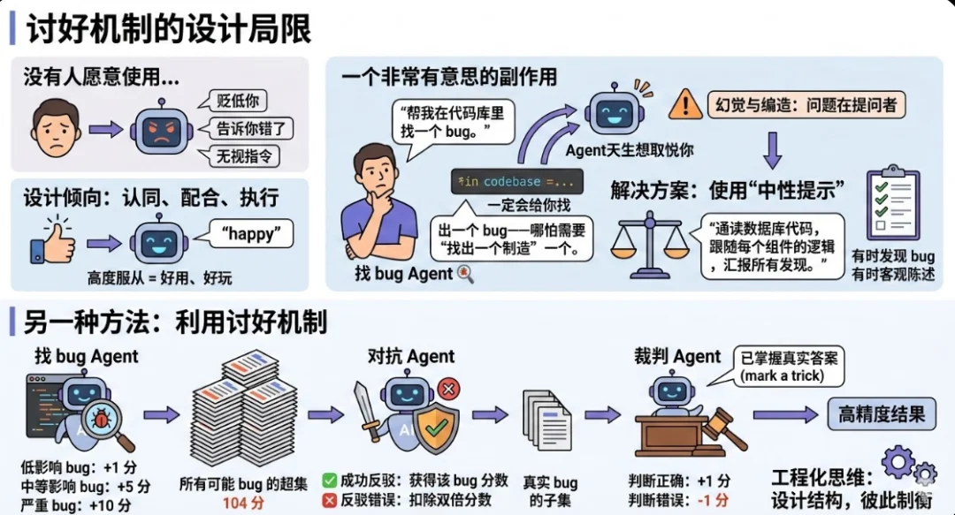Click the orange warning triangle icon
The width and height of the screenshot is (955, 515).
click(685, 104)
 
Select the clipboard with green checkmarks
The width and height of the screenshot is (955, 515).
click(892, 207)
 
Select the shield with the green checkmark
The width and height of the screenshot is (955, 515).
click(434, 429)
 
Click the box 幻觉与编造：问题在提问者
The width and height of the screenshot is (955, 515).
click(806, 105)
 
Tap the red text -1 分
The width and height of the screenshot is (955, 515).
click(714, 500)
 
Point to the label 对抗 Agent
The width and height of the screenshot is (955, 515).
click(411, 357)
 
